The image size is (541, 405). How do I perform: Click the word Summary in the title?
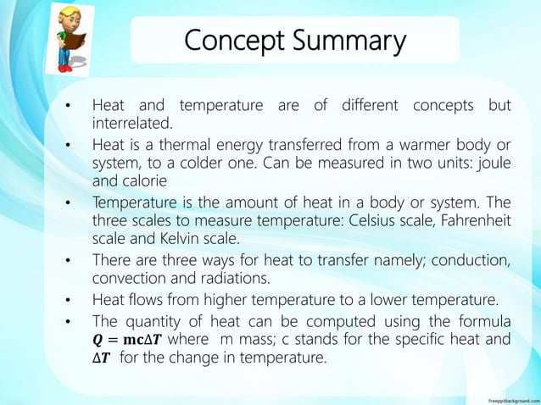[344, 41]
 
